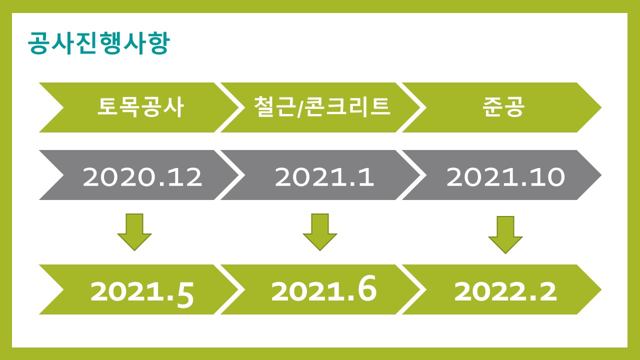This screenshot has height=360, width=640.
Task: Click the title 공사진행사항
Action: (99, 43)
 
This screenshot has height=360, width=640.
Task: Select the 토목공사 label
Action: (140, 107)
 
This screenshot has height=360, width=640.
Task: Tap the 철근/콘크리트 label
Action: (322, 107)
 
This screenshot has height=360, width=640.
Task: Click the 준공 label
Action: (503, 107)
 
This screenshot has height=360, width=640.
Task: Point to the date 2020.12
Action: (142, 177)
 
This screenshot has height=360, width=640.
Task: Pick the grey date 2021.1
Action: (324, 177)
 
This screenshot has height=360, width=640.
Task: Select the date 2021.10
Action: (505, 177)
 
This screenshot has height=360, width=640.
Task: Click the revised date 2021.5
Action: (142, 292)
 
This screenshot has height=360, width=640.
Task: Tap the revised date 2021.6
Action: (323, 288)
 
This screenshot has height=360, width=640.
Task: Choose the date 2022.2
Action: (505, 291)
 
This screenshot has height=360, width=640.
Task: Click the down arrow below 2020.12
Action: (134, 232)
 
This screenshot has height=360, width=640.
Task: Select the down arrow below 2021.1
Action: (320, 232)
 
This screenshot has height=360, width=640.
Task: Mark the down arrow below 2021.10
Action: (505, 235)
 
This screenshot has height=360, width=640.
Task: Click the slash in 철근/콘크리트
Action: (300, 107)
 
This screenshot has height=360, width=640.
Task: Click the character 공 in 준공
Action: (514, 107)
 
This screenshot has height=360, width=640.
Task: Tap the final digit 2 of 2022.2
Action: (547, 291)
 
